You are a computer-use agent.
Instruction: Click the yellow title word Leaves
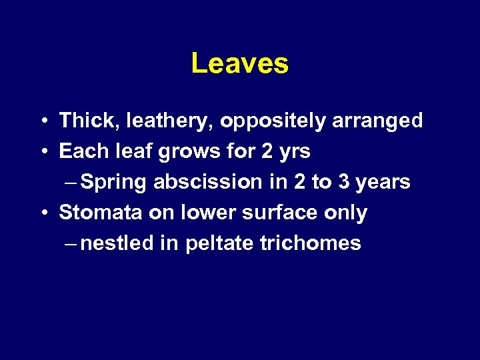coord(239,64)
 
